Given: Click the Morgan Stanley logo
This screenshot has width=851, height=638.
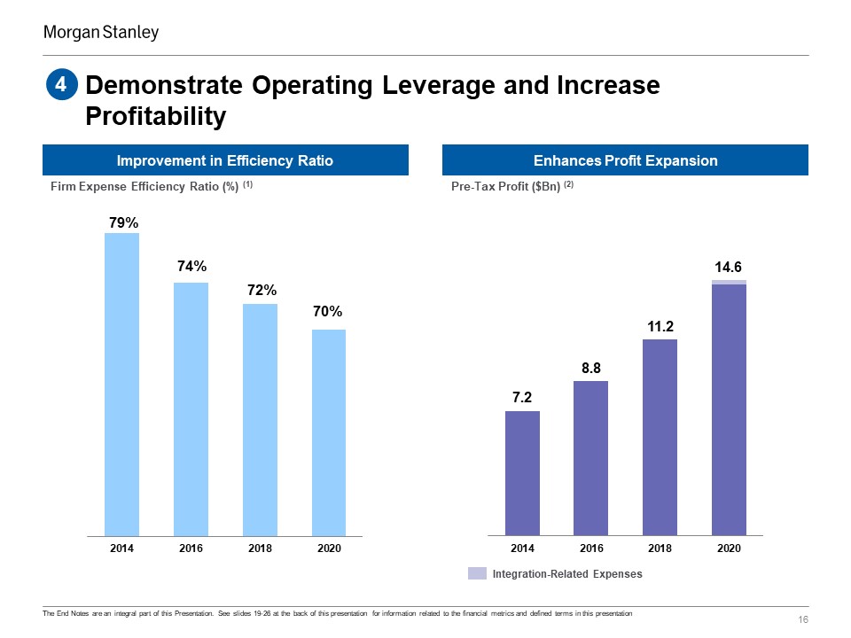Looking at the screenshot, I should point(101,33).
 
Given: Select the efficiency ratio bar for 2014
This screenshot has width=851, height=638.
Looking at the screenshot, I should point(121,385).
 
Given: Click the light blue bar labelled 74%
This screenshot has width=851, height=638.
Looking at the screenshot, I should point(191,409).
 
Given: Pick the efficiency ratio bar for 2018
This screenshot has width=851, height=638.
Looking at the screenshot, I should point(260,420).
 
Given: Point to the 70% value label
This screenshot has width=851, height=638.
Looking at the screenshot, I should point(328,312).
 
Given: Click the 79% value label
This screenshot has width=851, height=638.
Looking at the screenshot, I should point(123,224).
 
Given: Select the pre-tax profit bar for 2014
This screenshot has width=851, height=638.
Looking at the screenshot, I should point(522,473).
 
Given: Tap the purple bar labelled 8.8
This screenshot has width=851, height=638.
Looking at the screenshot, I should point(590,458).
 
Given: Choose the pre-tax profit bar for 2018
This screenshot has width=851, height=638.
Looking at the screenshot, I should point(660,438).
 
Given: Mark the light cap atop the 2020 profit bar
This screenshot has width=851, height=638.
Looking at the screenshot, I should point(729,282).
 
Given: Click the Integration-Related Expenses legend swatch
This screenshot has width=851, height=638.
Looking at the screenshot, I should point(477,573).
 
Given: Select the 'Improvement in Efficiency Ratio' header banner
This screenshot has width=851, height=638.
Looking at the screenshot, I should point(225,160).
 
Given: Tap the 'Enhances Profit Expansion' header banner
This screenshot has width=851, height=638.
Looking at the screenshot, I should point(625,160).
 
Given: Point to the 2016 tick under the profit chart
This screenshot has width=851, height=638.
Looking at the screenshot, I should point(590,549).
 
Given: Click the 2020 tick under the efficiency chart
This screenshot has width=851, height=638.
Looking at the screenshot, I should point(328,549).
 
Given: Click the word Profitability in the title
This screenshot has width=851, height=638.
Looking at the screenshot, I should point(156,116).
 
